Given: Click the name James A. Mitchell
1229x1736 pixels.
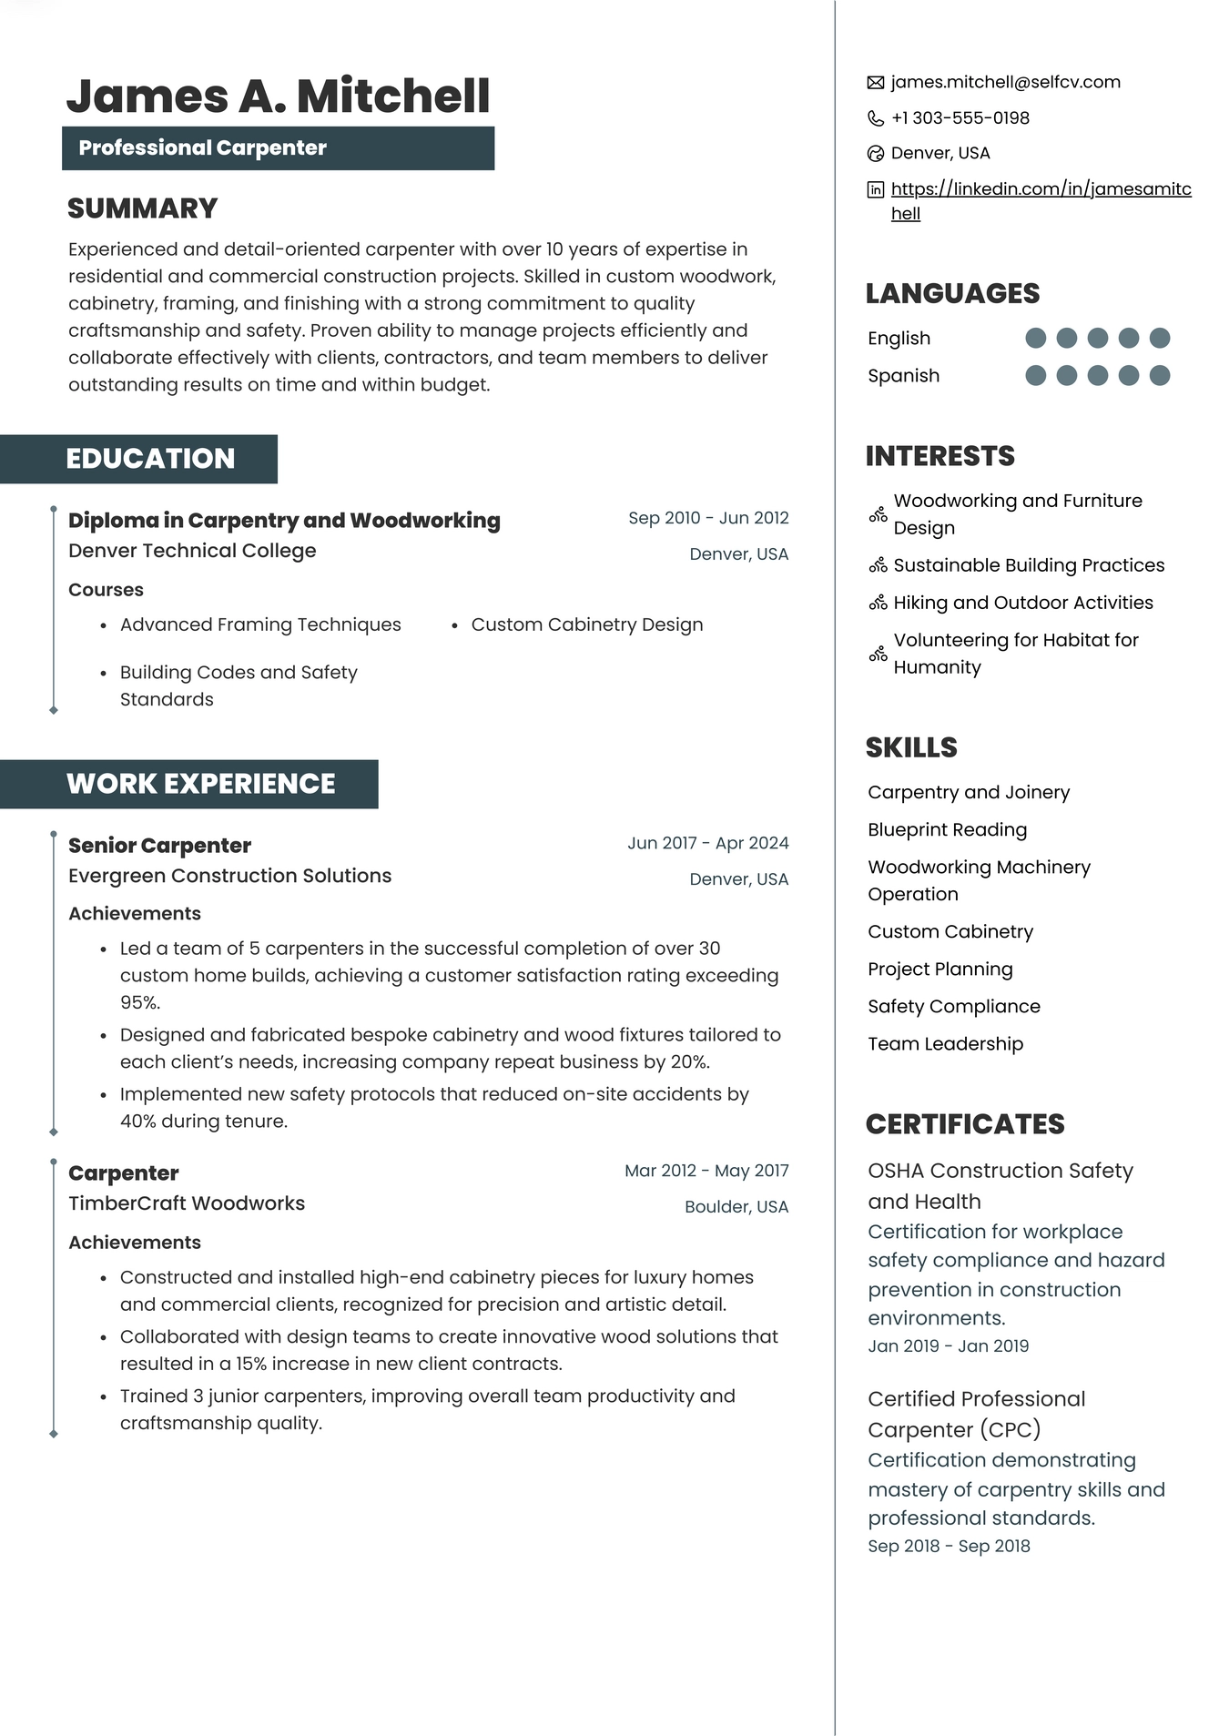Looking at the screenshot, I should coord(278,96).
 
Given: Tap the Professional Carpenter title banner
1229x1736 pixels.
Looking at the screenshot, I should coord(278,148).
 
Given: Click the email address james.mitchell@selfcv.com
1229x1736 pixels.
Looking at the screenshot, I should coord(1005,83).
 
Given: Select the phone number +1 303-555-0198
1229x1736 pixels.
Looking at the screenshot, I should coord(960,118).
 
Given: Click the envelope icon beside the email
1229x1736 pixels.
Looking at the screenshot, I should coord(876,83).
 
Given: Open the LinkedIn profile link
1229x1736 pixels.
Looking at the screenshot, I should coord(1040,189).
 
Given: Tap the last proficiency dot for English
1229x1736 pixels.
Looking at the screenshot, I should coord(1159,339).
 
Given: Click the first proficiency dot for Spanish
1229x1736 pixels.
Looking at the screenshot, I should coord(1035,376).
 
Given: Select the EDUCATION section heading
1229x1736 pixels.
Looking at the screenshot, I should coord(150,459).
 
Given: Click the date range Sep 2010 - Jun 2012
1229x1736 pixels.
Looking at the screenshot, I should coord(708,518).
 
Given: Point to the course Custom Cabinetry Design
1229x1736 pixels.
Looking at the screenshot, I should coord(586,624).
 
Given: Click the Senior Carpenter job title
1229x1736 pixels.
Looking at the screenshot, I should coord(159,846).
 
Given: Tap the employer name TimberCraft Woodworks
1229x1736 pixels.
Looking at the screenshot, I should coord(187,1203).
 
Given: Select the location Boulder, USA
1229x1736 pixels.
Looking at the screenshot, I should coord(736,1207).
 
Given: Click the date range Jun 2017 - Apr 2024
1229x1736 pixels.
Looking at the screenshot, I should coord(707,843).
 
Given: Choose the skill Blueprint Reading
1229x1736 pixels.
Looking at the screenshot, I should coord(947,830).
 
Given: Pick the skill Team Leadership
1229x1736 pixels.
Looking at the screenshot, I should coord(945,1044).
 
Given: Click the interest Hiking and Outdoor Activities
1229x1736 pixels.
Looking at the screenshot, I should coord(1022,603).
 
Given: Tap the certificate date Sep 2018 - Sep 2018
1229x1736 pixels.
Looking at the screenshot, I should coord(949,1546).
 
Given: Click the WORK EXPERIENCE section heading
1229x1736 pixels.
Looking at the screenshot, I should coord(200,784).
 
